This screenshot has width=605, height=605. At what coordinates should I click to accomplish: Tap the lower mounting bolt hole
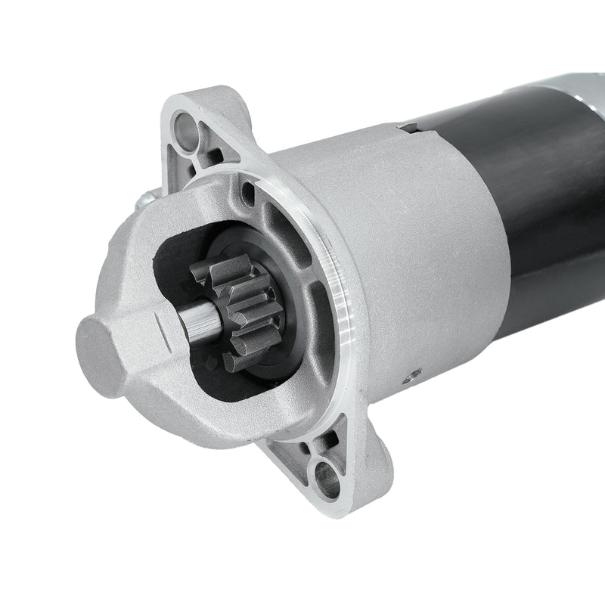coord(327,477)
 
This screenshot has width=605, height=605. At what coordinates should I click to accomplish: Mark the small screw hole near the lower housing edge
coord(412,373)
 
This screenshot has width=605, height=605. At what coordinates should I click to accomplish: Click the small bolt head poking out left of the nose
coord(143,201)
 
